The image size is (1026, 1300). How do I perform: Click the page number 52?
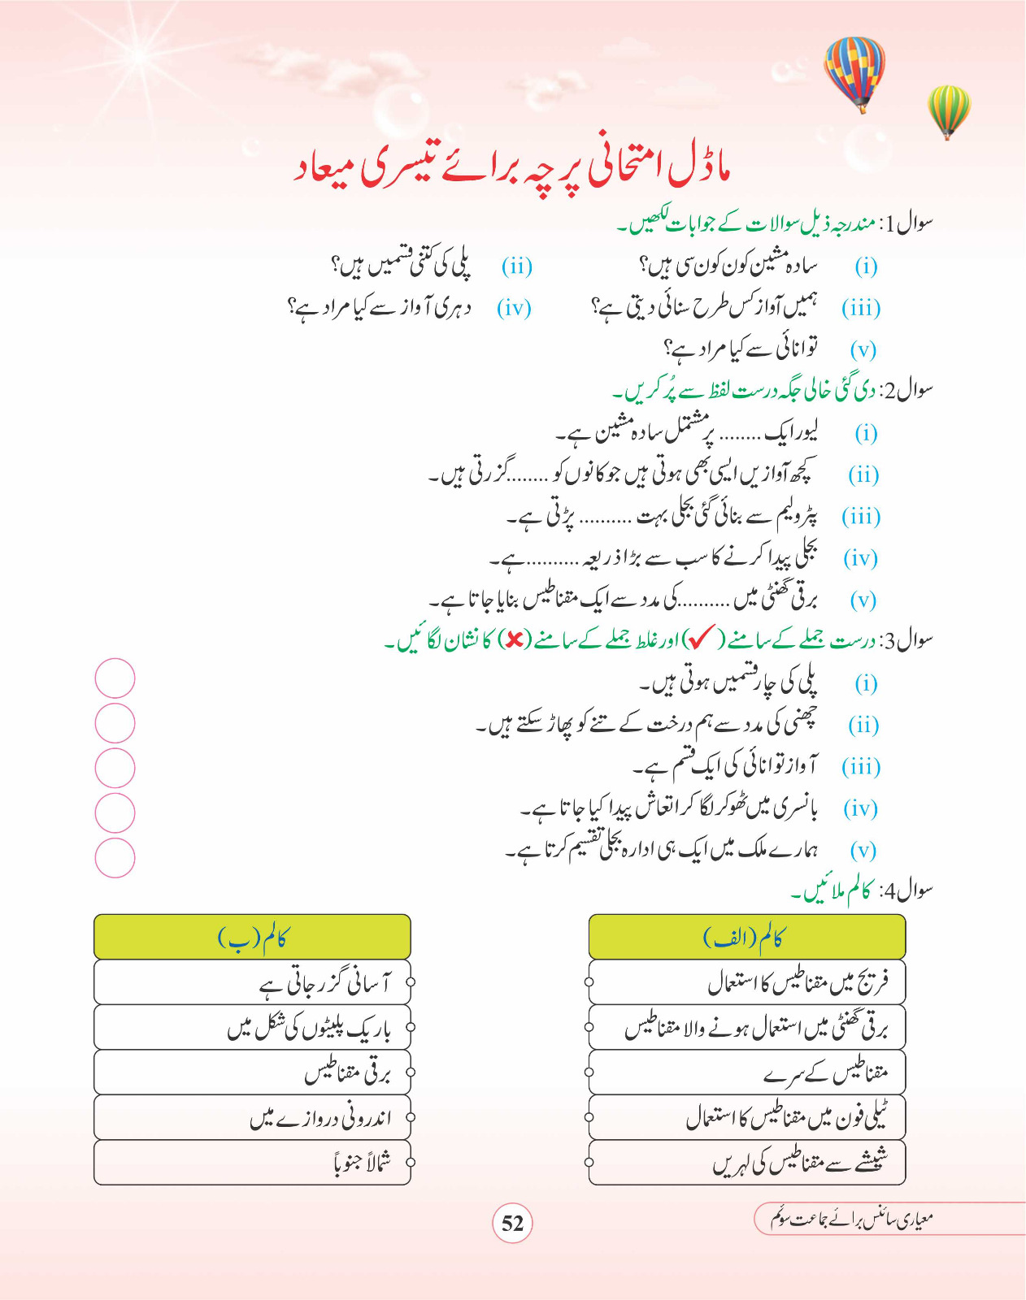point(512,1224)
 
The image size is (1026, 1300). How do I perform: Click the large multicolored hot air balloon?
point(854,71)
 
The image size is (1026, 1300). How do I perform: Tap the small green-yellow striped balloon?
point(949,110)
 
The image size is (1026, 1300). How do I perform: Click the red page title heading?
point(512,168)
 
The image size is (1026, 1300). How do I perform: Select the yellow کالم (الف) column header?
point(746,938)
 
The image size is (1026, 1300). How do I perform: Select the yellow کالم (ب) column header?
point(252,938)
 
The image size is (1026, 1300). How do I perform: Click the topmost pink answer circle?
point(115,678)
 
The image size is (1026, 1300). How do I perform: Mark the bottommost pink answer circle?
point(115,858)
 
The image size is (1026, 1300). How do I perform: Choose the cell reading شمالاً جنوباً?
point(252,1163)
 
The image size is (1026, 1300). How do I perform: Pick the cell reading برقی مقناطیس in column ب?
point(252,1072)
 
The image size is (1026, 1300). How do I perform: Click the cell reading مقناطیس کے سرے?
point(746,1072)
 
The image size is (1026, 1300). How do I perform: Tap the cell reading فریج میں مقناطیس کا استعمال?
point(746,982)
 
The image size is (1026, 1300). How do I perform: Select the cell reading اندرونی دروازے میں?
point(252,1118)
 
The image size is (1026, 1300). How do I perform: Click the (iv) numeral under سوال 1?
point(514,309)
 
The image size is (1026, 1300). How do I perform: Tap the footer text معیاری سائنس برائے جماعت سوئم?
point(850,1219)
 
